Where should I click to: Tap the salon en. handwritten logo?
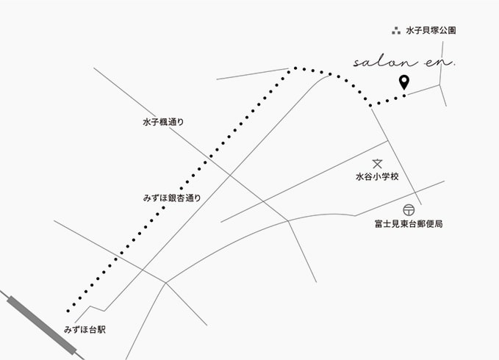click(x=404, y=63)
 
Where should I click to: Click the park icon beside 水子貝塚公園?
click(x=396, y=31)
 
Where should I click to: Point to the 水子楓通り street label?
click(x=163, y=123)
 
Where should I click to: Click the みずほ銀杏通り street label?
click(x=172, y=198)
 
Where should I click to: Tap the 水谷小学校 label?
click(x=376, y=177)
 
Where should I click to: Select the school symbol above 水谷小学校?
click(x=377, y=164)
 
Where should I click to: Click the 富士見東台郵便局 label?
click(x=408, y=223)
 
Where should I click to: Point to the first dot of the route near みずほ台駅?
click(x=68, y=310)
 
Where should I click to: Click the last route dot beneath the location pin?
click(x=403, y=96)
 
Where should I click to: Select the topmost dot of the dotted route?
click(x=296, y=68)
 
